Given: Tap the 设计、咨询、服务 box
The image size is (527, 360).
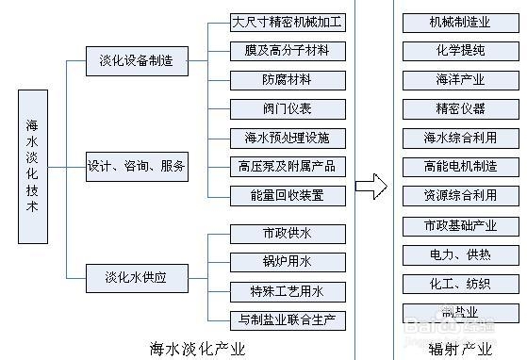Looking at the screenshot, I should [x=137, y=167].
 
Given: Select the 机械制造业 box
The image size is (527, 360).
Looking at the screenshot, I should [x=460, y=22].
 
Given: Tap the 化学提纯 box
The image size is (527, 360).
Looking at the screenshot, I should [x=460, y=50].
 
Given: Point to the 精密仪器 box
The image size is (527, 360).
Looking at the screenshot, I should [x=460, y=108].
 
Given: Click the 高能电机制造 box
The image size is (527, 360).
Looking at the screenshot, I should [x=460, y=167].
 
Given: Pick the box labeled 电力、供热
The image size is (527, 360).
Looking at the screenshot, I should [x=460, y=254].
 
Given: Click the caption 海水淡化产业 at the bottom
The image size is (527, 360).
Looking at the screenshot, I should [x=197, y=349].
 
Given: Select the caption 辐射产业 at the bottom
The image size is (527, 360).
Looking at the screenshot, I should [x=460, y=349].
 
